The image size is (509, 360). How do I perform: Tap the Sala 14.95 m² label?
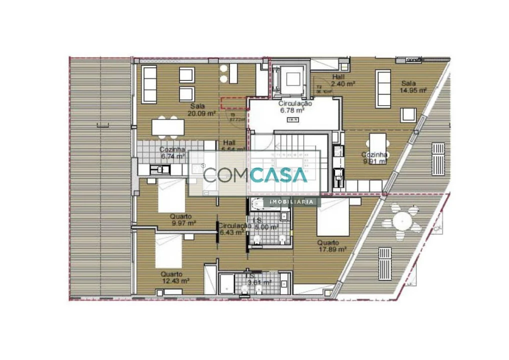click(x=412, y=87)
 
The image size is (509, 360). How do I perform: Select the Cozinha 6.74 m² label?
click(x=172, y=152)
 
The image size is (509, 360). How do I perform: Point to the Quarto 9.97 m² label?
click(x=182, y=220)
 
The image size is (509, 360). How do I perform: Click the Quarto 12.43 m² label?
click(x=174, y=277)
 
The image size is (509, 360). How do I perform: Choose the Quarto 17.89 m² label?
click(x=331, y=245)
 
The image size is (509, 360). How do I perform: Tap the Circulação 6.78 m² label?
click(x=295, y=106)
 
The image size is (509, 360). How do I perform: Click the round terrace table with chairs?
click(x=402, y=219)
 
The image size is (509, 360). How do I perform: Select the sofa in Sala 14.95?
click(x=383, y=88)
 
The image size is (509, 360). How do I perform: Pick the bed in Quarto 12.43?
click(x=168, y=250)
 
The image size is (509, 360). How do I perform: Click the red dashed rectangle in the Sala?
click(x=234, y=103)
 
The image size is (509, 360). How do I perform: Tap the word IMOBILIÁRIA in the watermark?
click(x=293, y=202)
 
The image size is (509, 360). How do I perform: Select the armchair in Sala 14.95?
click(x=408, y=114)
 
